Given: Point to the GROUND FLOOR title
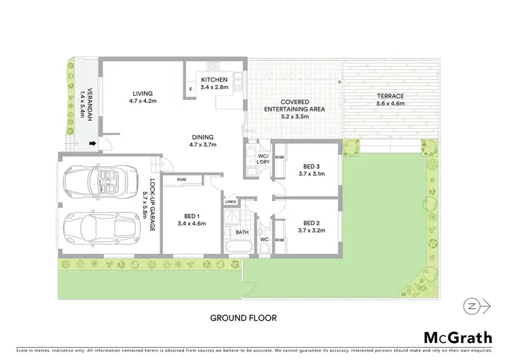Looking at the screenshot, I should [x=243, y=317].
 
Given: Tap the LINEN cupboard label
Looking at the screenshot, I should [x=231, y=202].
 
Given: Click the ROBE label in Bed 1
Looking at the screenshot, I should [x=182, y=179].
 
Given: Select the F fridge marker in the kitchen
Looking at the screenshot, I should [x=191, y=89].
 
